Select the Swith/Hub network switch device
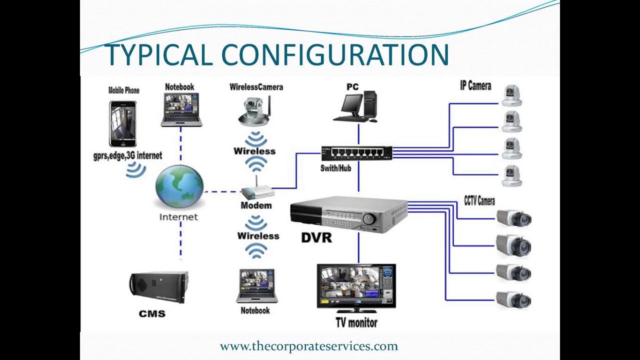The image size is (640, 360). (x=356, y=153)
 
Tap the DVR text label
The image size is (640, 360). (x=316, y=238)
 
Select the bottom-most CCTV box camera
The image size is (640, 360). (x=513, y=299)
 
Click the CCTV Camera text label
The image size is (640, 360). (x=479, y=201)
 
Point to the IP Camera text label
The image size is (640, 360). (x=475, y=86)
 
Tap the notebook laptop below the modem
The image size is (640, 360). (x=257, y=285)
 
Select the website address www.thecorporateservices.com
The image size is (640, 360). (x=308, y=346)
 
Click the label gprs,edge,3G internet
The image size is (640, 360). (x=127, y=155)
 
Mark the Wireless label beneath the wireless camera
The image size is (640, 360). (x=254, y=151)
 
